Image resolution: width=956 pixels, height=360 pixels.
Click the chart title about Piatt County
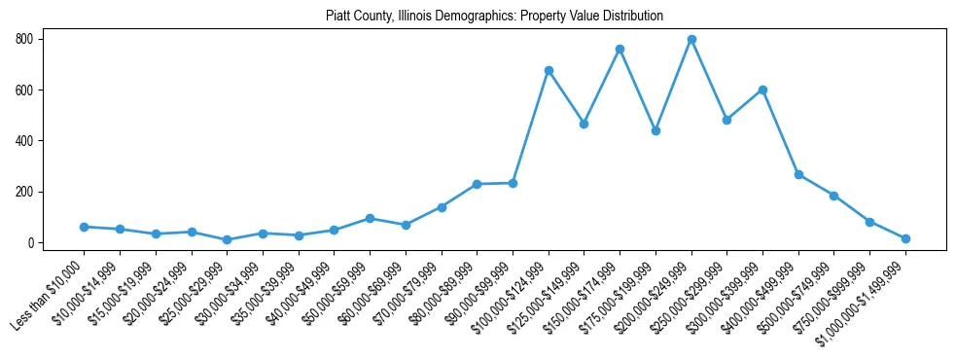click(x=478, y=16)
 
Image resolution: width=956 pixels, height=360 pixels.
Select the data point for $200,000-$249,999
click(x=691, y=39)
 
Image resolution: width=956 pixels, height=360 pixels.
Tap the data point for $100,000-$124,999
click(x=549, y=70)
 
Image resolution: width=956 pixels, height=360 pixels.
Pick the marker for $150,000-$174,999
click(x=620, y=49)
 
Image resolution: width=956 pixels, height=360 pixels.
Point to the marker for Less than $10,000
click(x=84, y=227)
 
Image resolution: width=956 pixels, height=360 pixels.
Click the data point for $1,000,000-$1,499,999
click(x=905, y=238)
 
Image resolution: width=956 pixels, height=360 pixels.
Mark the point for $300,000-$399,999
click(x=762, y=90)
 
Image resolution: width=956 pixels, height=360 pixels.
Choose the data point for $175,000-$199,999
click(x=655, y=130)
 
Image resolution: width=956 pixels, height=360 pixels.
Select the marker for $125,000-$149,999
click(x=584, y=124)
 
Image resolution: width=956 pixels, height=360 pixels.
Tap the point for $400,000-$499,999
click(x=798, y=174)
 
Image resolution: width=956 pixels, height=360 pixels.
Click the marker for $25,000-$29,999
click(x=227, y=239)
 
